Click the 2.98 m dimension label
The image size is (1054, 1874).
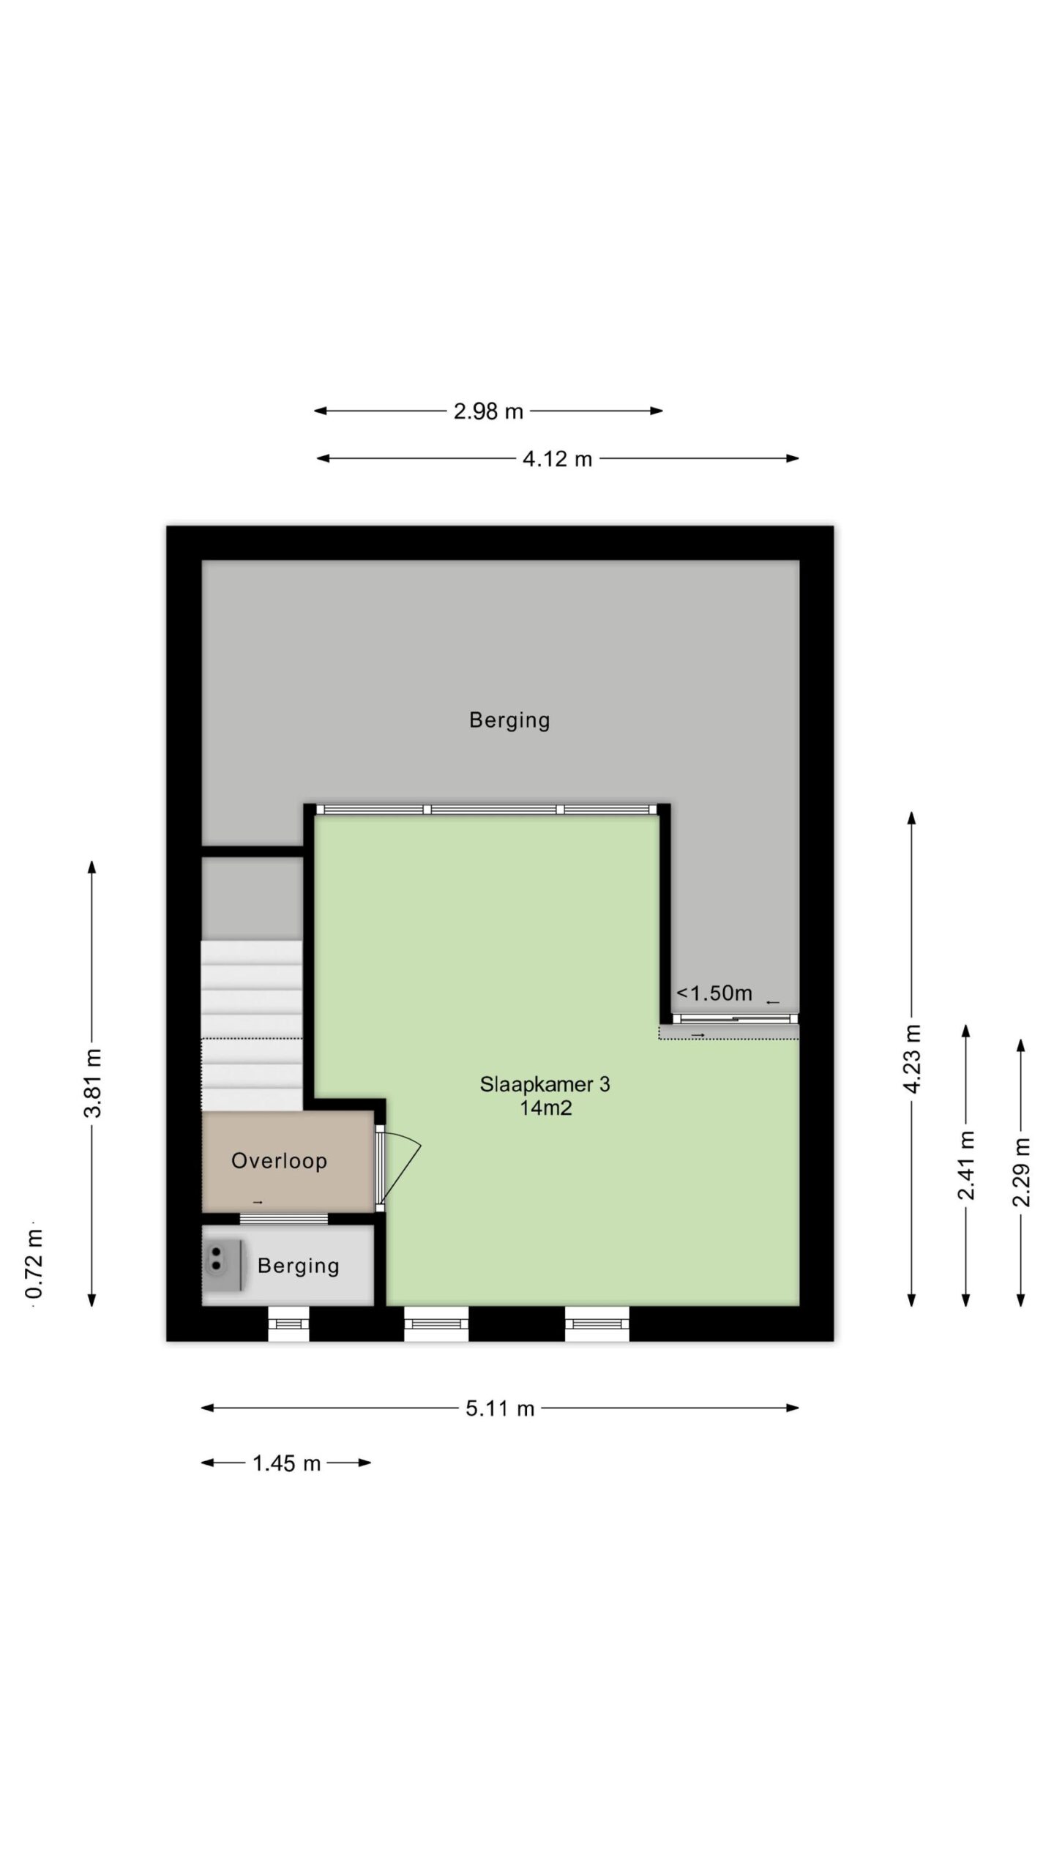click(x=488, y=411)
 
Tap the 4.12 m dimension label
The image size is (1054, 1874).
click(x=557, y=459)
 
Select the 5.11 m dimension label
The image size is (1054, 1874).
click(x=501, y=1408)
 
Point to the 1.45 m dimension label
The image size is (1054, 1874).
click(x=286, y=1463)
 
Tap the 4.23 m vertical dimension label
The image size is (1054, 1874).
click(x=912, y=1059)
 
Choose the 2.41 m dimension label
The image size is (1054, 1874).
click(x=966, y=1166)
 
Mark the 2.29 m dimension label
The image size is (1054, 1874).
click(x=1021, y=1172)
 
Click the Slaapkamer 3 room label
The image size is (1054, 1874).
click(x=545, y=1084)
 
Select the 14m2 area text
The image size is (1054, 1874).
click(x=545, y=1108)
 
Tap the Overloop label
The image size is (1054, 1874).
click(x=279, y=1161)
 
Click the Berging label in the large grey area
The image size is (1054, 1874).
click(x=509, y=720)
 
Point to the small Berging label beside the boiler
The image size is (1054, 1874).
click(x=298, y=1266)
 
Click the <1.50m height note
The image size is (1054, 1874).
click(x=714, y=993)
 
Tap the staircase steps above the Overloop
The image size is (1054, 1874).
click(x=252, y=1025)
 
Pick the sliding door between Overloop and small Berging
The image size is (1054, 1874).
click(x=284, y=1218)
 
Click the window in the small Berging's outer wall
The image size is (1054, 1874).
click(x=288, y=1323)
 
